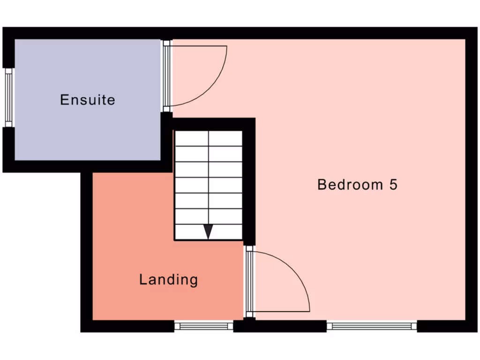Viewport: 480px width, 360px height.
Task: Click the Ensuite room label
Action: tap(88, 100)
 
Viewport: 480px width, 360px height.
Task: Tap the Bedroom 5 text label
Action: tap(357, 184)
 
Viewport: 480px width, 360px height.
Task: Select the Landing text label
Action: tap(168, 280)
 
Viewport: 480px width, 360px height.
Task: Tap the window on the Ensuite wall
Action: tap(8, 97)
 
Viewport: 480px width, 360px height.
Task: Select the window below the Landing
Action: tap(204, 326)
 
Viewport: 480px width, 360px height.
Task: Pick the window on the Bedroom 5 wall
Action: tap(372, 326)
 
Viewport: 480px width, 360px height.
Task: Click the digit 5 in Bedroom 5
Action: tap(393, 184)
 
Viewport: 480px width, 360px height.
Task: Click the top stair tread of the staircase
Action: tap(209, 138)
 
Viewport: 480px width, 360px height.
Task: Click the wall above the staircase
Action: tap(211, 124)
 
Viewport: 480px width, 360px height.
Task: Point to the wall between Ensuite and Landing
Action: tap(127, 166)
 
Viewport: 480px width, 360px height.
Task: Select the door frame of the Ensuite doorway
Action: tap(166, 75)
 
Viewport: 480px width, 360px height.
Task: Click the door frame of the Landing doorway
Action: tap(249, 281)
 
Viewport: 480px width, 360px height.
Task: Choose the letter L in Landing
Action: tap(143, 280)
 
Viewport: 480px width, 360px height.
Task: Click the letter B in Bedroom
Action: tap(322, 184)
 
